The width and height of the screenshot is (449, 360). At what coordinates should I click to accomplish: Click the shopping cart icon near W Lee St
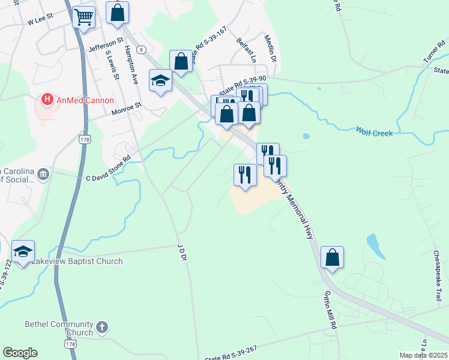pyautogui.click(x=84, y=16)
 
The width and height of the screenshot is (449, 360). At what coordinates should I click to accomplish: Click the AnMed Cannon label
pyautogui.click(x=85, y=100)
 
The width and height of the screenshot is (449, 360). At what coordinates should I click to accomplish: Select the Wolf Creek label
pyautogui.click(x=374, y=131)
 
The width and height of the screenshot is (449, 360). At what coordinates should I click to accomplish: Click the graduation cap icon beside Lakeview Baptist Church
pyautogui.click(x=23, y=252)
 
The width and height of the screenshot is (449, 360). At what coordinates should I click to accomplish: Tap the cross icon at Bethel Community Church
pyautogui.click(x=102, y=328)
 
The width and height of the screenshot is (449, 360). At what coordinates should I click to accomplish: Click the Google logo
pyautogui.click(x=20, y=353)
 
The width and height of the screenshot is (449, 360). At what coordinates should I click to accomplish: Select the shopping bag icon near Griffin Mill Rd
pyautogui.click(x=332, y=257)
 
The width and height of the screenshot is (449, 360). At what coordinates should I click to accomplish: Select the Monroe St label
pyautogui.click(x=126, y=107)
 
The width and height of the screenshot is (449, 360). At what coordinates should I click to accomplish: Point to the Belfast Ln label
pyautogui.click(x=246, y=52)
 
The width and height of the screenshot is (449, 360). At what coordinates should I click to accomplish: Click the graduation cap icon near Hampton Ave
pyautogui.click(x=160, y=81)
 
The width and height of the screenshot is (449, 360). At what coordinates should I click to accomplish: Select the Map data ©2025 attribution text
pyautogui.click(x=424, y=355)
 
